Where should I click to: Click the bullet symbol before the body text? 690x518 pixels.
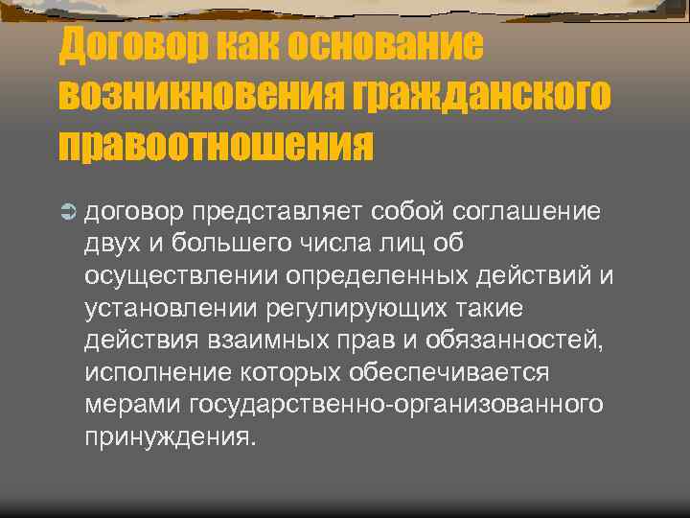click(67, 210)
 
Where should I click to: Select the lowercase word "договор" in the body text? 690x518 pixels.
click(134, 210)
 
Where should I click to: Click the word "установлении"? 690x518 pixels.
click(175, 309)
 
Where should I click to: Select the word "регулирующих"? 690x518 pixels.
click(380, 309)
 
